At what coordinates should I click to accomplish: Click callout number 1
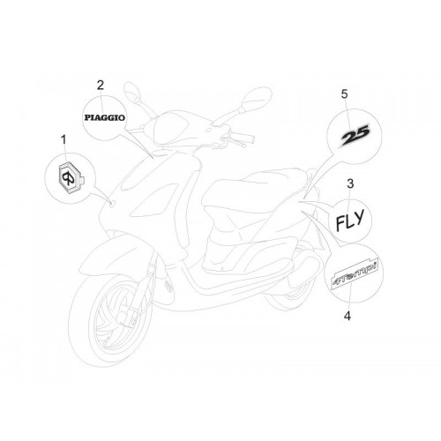point(64,140)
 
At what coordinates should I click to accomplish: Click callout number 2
point(101,86)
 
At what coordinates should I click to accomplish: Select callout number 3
point(350,183)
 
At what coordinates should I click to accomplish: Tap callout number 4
point(348,317)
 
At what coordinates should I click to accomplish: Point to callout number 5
point(344,94)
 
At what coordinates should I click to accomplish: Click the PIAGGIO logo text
point(105,118)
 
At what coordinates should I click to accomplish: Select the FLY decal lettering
point(350,220)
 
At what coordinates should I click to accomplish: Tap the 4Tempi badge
point(355,274)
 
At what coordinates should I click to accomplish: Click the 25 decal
point(355,136)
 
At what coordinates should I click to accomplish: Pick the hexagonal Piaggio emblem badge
point(71,178)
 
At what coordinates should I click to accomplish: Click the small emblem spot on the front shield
point(112,203)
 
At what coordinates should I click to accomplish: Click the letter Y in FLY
point(359,217)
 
